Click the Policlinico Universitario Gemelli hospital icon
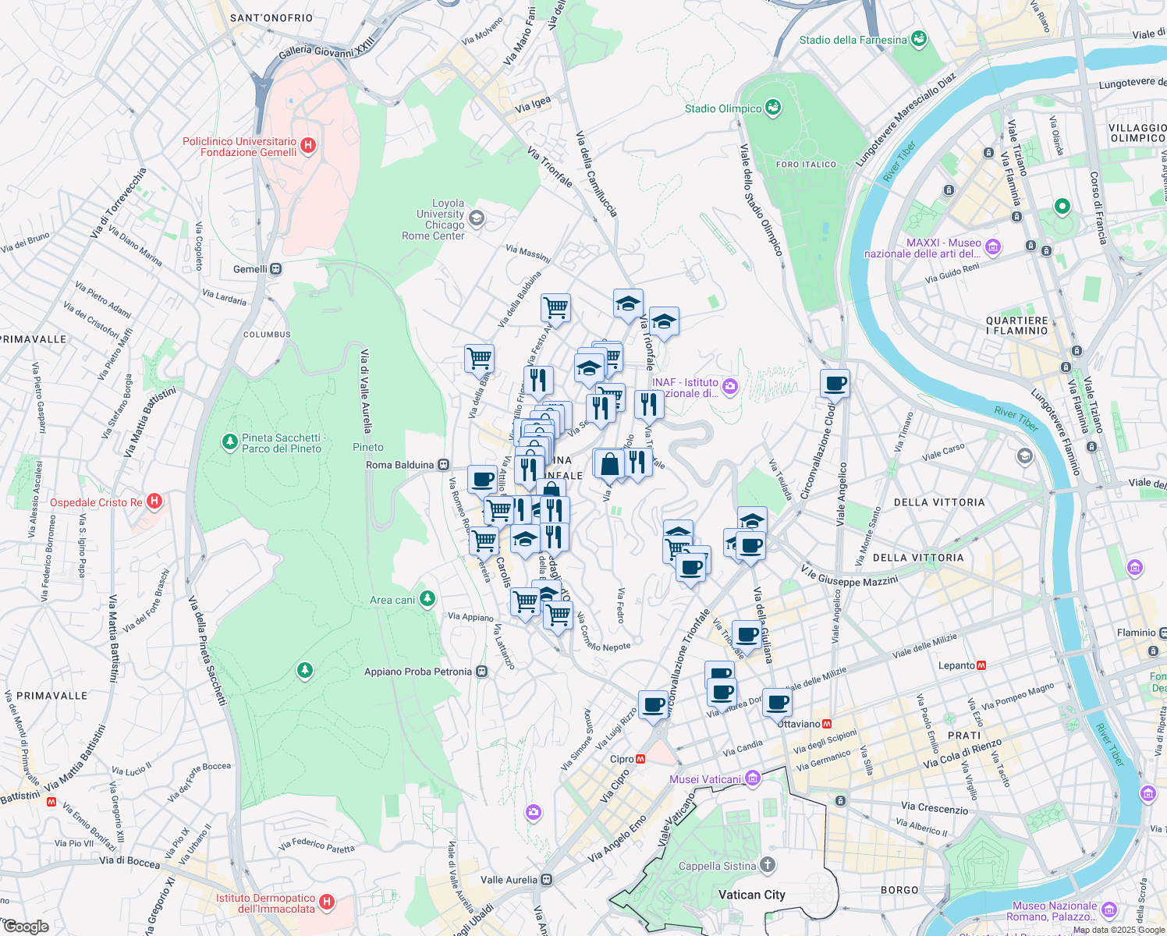click(308, 145)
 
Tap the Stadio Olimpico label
click(722, 108)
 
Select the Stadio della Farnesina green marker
click(919, 39)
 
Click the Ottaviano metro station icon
click(827, 724)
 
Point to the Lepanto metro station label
click(956, 665)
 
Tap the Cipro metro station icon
click(640, 759)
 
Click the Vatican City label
click(751, 895)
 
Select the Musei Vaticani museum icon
click(752, 778)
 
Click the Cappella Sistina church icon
click(768, 864)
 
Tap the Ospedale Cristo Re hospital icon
click(154, 502)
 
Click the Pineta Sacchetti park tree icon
click(229, 442)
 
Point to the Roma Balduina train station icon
click(443, 465)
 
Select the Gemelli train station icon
click(275, 269)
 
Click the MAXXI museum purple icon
click(992, 247)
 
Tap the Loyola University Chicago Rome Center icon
click(477, 218)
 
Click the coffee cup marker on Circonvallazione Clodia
click(834, 384)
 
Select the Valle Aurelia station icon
click(546, 880)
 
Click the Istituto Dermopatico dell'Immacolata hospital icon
click(327, 902)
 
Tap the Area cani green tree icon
click(427, 599)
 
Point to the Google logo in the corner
click(26, 926)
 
